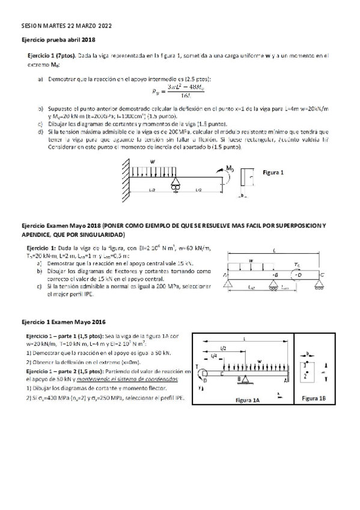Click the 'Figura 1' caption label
(x=273, y=172)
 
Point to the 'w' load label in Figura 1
(x=153, y=161)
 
